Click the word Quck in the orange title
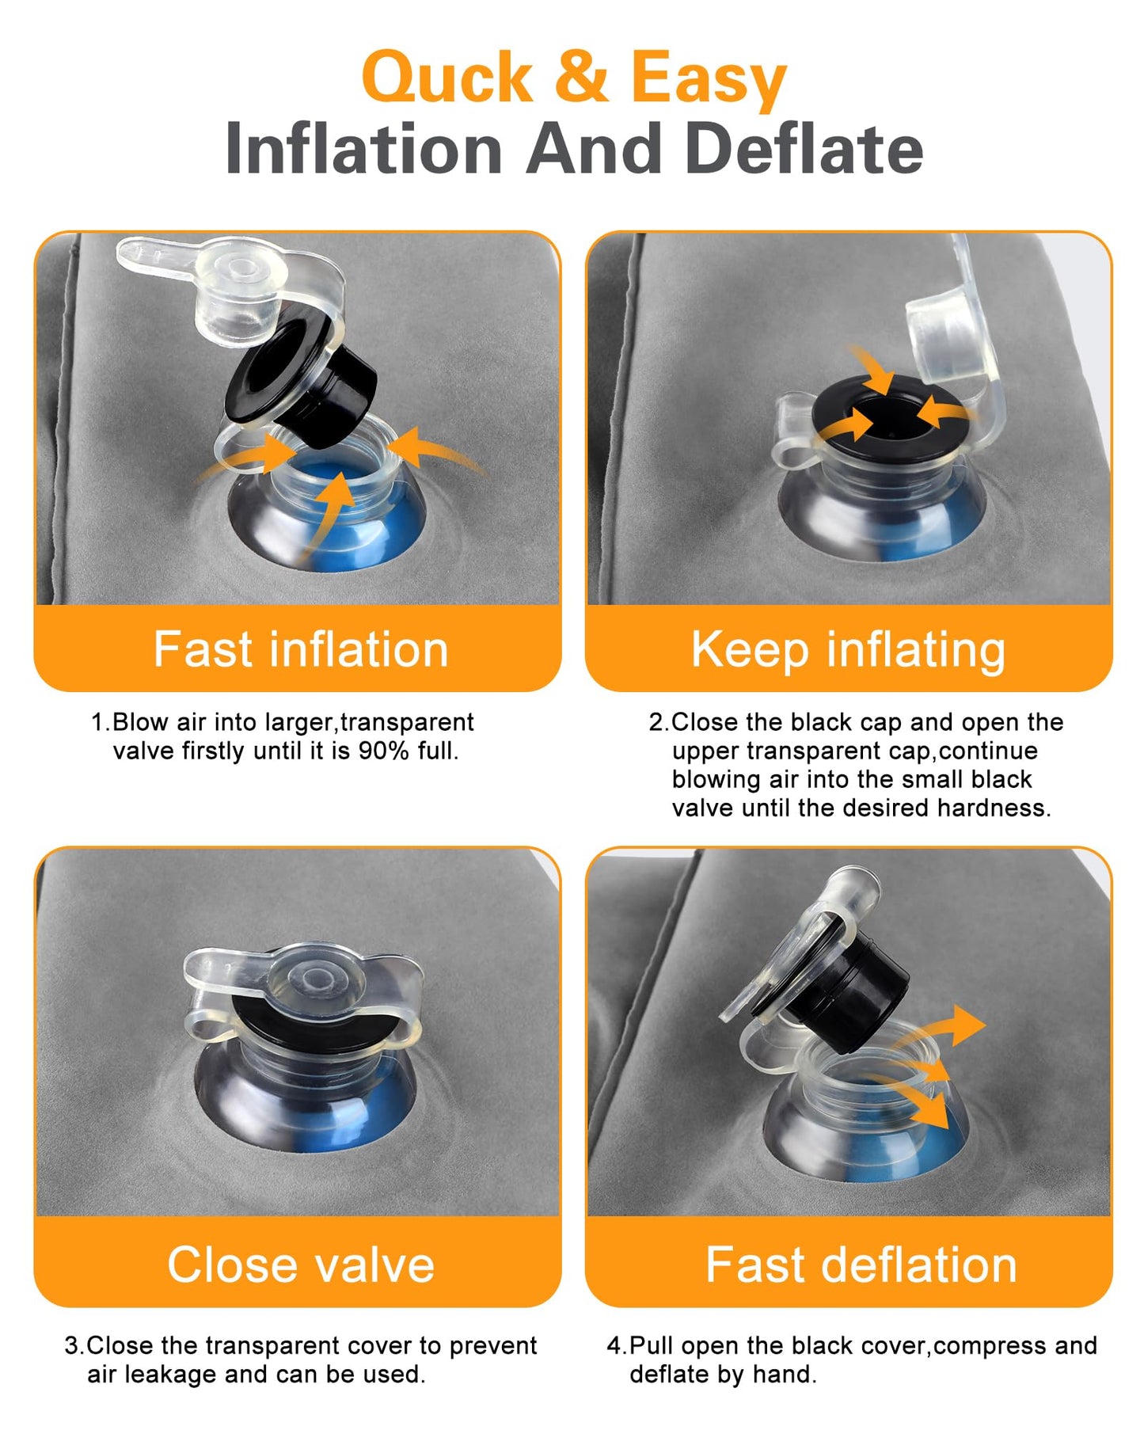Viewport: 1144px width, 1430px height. click(448, 77)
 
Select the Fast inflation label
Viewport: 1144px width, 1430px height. click(301, 649)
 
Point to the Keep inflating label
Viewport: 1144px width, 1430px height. click(849, 651)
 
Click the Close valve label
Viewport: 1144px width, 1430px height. click(301, 1264)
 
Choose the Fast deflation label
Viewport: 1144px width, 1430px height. click(861, 1264)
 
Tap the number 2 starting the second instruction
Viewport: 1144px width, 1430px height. click(656, 722)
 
